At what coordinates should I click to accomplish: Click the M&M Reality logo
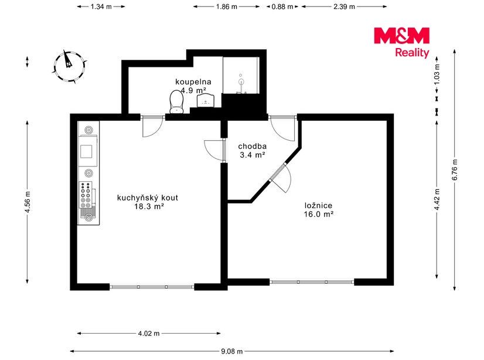point(401,42)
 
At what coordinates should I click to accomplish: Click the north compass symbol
point(69,66)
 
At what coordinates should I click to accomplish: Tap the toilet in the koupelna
point(176,101)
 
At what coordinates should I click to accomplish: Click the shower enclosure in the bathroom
point(241,75)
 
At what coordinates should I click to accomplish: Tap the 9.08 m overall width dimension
point(232,351)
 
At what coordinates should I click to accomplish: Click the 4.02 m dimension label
point(149,334)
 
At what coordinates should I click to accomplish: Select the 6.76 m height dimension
point(454,170)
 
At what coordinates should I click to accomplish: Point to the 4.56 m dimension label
point(28,202)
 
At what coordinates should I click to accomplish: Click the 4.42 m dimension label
point(437,199)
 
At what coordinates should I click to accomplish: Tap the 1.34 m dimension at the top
point(101,6)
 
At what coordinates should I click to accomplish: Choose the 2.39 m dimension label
point(344,6)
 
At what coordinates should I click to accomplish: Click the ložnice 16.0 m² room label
point(319,210)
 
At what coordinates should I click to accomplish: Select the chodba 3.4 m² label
point(253,150)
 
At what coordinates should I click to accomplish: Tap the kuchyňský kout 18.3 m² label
point(148,202)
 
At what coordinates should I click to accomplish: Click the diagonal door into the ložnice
point(280,178)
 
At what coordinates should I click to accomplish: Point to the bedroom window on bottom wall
point(312,282)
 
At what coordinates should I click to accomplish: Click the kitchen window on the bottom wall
point(152,287)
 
